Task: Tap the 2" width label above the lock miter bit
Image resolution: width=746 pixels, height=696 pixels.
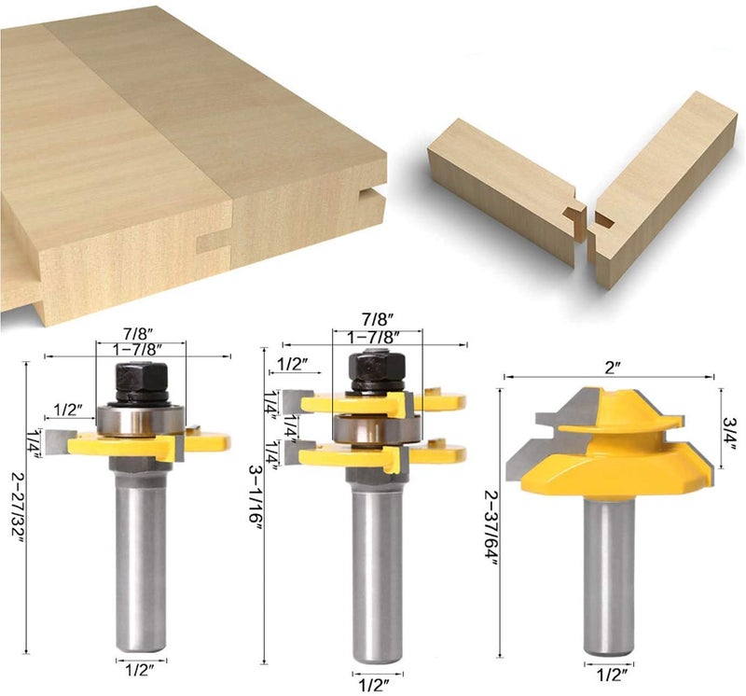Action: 611,368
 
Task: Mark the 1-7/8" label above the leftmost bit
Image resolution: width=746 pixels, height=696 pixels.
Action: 140,348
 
